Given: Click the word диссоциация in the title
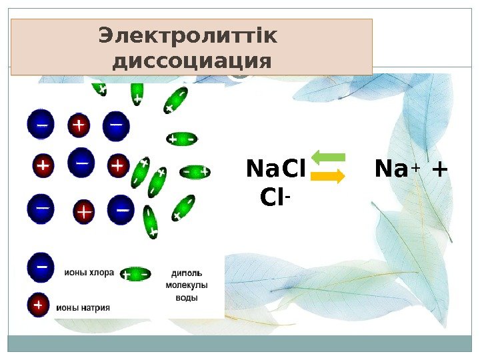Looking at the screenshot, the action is click(x=192, y=61).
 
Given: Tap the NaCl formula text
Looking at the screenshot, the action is click(x=275, y=169).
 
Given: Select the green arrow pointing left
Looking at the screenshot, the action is click(x=328, y=158).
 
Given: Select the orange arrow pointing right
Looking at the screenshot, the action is click(x=328, y=177).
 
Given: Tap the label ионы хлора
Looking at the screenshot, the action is click(x=89, y=273).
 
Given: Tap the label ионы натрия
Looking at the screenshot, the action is click(x=83, y=307).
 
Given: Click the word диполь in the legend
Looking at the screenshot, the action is click(x=187, y=273).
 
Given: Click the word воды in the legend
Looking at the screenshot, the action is click(x=186, y=297).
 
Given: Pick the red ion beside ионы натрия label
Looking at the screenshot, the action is click(x=38, y=305).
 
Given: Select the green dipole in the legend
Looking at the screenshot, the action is click(x=135, y=273).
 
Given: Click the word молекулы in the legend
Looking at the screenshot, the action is click(x=187, y=285).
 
